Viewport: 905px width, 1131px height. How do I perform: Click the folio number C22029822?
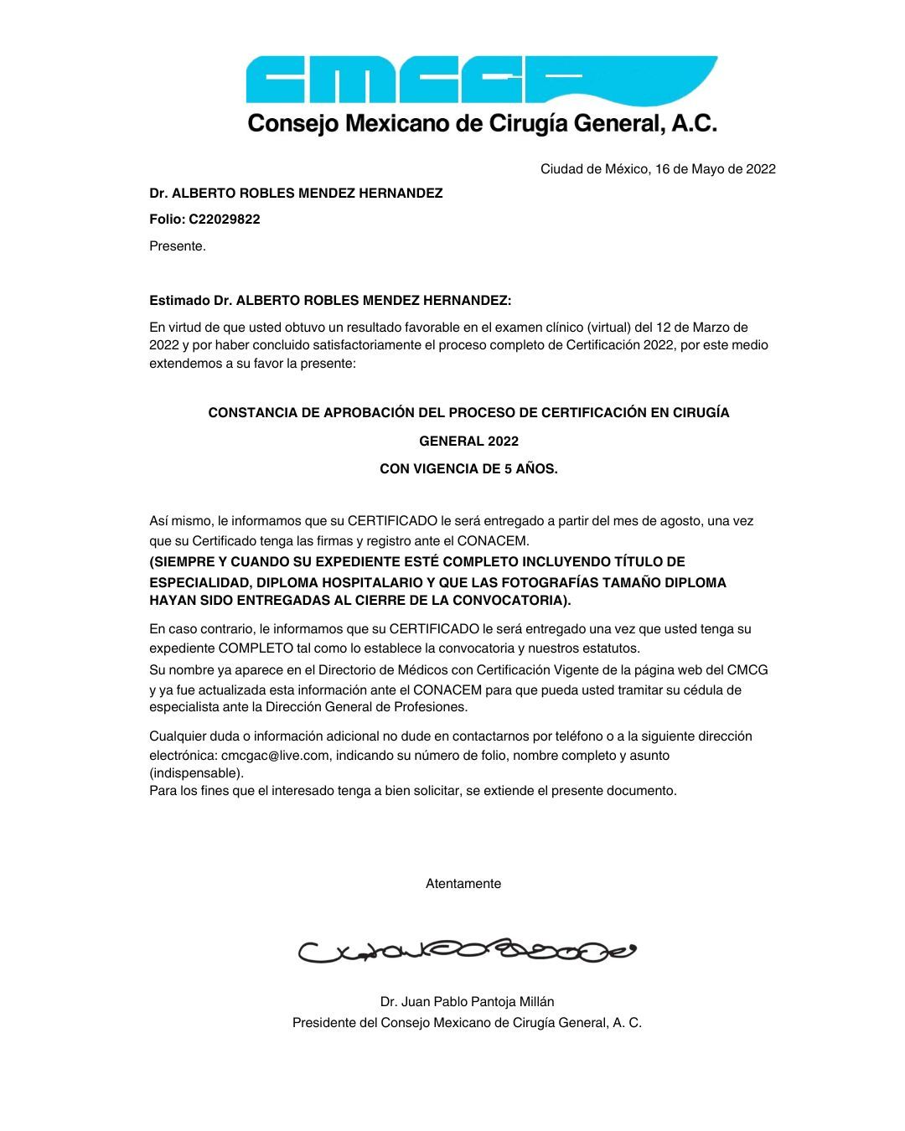click(x=225, y=219)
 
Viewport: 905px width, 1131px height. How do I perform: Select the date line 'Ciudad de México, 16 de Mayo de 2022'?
click(x=658, y=169)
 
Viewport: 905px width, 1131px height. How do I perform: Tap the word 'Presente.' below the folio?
click(x=178, y=246)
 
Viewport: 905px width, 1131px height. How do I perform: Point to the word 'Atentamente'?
click(x=463, y=884)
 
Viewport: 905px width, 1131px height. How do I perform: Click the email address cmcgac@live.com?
click(x=275, y=756)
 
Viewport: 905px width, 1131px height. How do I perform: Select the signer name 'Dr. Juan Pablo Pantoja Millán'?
click(x=467, y=1002)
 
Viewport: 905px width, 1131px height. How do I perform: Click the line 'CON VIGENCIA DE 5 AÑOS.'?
click(x=468, y=469)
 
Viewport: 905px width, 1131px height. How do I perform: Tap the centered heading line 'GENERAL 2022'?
click(x=468, y=442)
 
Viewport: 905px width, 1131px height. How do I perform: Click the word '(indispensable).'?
click(x=197, y=773)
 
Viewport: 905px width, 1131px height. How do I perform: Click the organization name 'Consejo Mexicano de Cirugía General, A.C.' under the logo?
click(x=483, y=124)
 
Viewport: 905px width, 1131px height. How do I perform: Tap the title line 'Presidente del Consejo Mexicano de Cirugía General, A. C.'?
click(x=467, y=1023)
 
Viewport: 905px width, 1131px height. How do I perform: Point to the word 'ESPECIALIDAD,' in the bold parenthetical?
click(x=199, y=583)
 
